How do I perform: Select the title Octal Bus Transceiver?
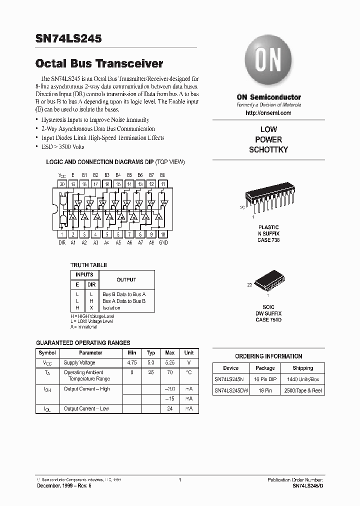(x=99, y=63)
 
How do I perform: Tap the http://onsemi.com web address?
(x=268, y=113)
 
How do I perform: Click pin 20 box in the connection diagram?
(x=62, y=184)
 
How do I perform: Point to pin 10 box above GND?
(x=163, y=234)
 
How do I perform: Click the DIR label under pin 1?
(x=62, y=242)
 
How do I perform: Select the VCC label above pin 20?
(x=62, y=175)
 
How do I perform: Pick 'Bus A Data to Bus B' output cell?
(x=124, y=301)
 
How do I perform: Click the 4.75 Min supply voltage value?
(x=132, y=362)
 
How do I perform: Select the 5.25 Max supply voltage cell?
(x=169, y=362)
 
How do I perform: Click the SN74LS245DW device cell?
(x=231, y=390)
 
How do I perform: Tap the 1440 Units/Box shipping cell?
(x=302, y=379)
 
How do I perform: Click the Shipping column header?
(x=302, y=368)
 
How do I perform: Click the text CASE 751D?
(x=268, y=319)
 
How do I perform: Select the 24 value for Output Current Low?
(x=169, y=408)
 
